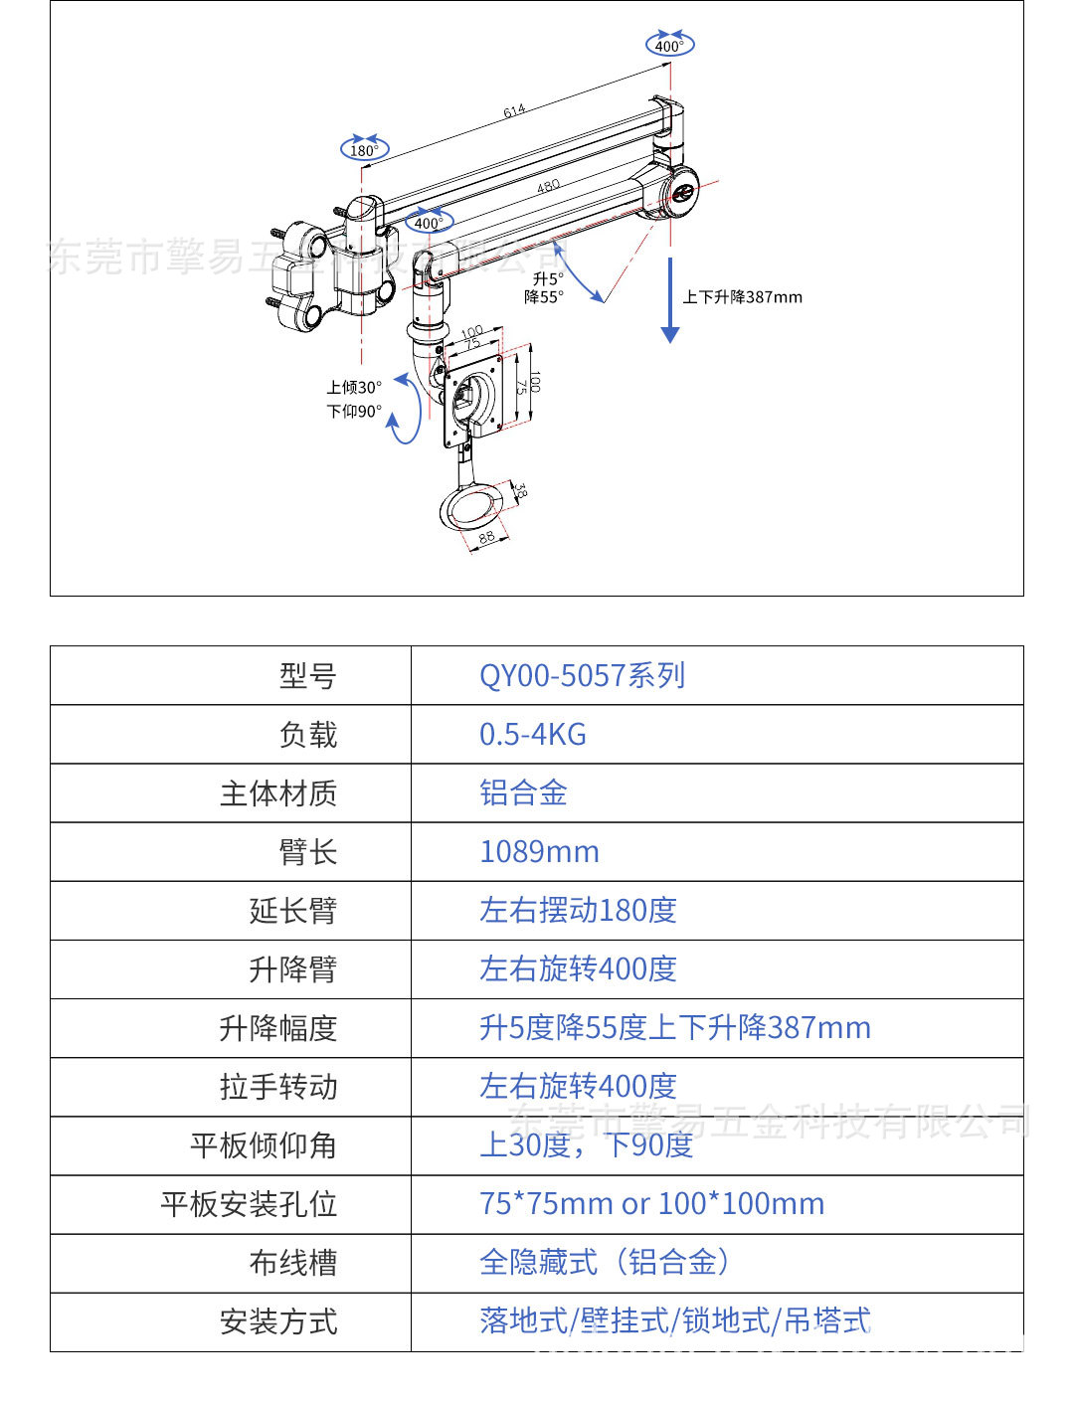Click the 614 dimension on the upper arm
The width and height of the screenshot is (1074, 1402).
click(x=514, y=111)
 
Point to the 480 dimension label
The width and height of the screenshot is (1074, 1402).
click(x=548, y=186)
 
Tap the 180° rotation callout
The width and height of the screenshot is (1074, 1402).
click(x=364, y=149)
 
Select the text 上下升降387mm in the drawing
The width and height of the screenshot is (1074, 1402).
click(x=742, y=297)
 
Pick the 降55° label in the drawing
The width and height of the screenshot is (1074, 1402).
click(x=544, y=297)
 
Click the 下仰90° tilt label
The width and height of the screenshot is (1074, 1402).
click(x=354, y=411)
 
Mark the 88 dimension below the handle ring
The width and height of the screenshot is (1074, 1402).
click(x=486, y=538)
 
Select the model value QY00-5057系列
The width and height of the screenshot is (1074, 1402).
click(x=582, y=676)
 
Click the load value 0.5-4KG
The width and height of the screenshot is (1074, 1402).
click(x=533, y=735)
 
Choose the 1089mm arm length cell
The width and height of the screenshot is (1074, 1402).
click(x=539, y=852)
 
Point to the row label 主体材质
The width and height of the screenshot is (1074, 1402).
click(x=278, y=793)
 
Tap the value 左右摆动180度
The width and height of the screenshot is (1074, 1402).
click(x=578, y=911)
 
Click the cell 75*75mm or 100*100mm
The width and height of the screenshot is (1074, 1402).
click(x=651, y=1204)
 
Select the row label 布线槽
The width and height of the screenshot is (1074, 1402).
click(x=293, y=1263)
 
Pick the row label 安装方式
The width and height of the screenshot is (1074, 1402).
click(x=278, y=1321)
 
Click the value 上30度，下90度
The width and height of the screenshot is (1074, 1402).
click(x=586, y=1145)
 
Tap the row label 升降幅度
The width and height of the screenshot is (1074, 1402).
click(x=278, y=1028)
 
